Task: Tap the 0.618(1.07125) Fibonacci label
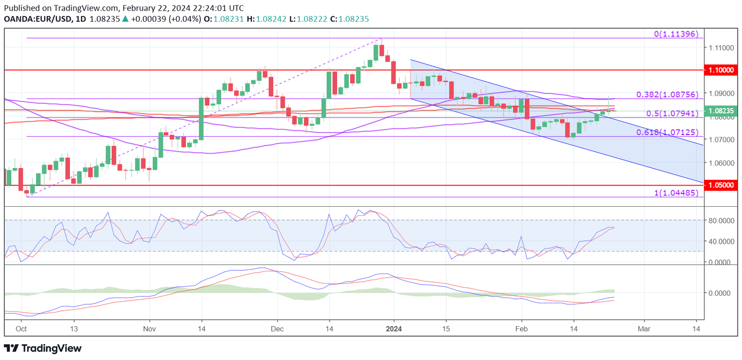tap(667, 133)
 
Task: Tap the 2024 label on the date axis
tap(394, 329)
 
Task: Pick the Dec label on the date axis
tap(277, 329)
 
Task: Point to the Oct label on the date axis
tap(22, 329)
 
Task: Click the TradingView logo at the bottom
tap(43, 348)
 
